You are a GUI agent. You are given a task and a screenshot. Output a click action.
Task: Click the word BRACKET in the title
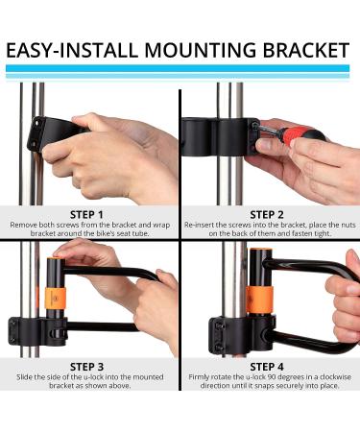[306, 51]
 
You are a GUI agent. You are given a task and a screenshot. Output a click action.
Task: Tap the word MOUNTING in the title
[201, 51]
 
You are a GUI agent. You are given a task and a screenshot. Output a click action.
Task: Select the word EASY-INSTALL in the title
[72, 51]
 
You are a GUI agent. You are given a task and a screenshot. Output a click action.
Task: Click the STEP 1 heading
[86, 215]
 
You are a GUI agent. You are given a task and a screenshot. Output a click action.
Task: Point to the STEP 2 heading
[267, 215]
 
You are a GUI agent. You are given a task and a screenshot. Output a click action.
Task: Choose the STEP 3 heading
[86, 367]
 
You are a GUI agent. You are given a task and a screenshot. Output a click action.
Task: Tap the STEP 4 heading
[267, 367]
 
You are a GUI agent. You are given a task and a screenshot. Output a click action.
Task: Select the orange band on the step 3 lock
[55, 299]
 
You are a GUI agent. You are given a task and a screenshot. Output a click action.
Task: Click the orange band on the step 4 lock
[260, 300]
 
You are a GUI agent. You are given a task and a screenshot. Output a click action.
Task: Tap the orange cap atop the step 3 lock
[55, 257]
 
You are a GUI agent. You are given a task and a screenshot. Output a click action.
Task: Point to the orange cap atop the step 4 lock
[261, 250]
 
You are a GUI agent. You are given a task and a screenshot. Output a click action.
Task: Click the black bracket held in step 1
[53, 132]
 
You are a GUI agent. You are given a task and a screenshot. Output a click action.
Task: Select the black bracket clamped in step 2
[221, 137]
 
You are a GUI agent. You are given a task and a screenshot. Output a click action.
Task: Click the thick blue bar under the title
[178, 68]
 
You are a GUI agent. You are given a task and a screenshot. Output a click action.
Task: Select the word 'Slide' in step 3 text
[25, 377]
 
